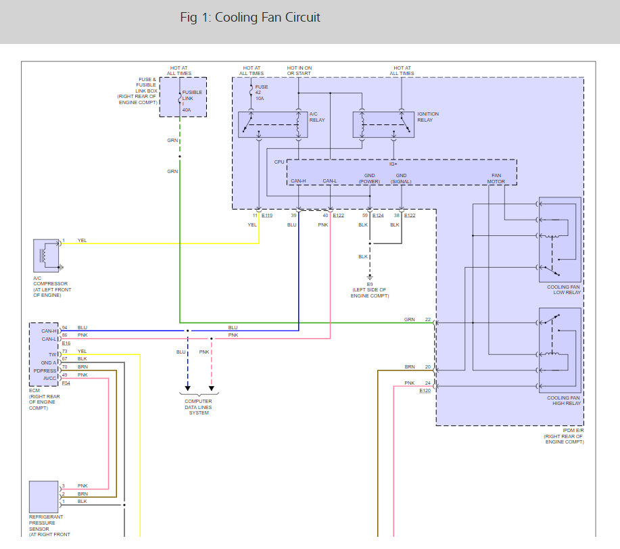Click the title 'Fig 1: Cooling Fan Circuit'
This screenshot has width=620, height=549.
250,18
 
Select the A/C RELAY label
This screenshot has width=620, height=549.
317,117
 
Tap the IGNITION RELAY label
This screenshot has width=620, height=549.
428,117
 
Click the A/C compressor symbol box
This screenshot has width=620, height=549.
46,256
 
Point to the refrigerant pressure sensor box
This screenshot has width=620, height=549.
43,497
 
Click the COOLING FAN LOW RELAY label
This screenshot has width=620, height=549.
563,289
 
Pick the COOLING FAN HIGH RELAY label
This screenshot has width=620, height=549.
563,400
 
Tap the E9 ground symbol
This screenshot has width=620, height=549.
370,277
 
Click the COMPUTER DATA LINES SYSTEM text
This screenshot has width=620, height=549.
199,407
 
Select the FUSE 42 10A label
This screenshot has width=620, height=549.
262,93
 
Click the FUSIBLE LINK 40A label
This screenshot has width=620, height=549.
192,101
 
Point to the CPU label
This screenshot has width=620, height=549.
279,162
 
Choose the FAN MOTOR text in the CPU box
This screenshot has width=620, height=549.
496,178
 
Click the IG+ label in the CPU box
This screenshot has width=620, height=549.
393,164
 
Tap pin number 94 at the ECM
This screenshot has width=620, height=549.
64,327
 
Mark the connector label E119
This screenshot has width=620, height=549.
267,216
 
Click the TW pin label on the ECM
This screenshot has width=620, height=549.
53,354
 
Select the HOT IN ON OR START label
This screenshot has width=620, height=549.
300,71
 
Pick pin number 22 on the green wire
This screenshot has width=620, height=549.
428,320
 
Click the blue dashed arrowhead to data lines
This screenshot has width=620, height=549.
188,388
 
